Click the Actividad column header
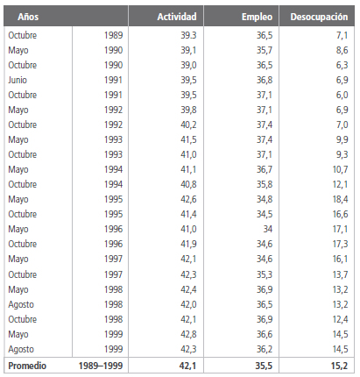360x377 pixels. pyautogui.click(x=178, y=17)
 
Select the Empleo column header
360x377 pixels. pyautogui.click(x=253, y=17)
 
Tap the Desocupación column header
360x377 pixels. pyautogui.click(x=320, y=17)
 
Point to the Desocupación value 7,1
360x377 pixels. pyautogui.click(x=342, y=34)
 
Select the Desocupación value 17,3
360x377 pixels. pyautogui.click(x=339, y=244)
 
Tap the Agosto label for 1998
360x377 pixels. pyautogui.click(x=21, y=303)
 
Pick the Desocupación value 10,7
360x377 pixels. pyautogui.click(x=339, y=168)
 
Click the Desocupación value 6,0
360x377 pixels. pyautogui.click(x=342, y=94)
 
